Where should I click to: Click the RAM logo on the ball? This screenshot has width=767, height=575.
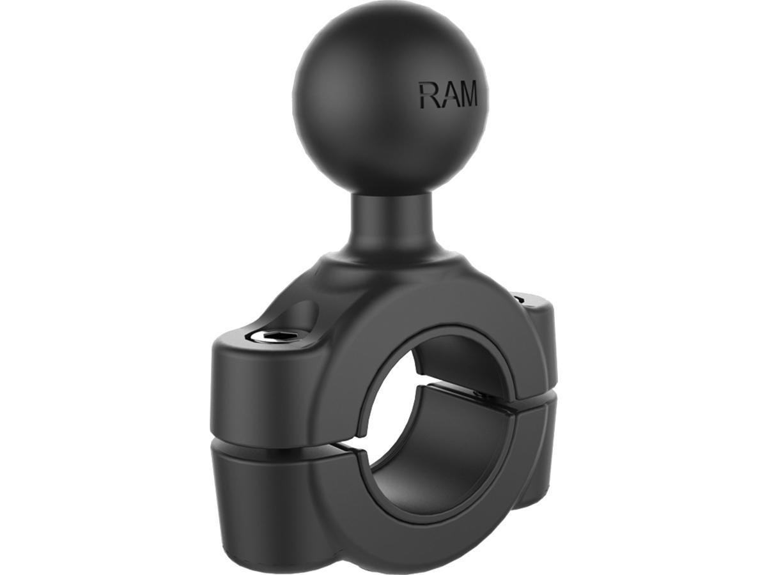(448, 95)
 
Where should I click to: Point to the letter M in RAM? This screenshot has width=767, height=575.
(467, 95)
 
